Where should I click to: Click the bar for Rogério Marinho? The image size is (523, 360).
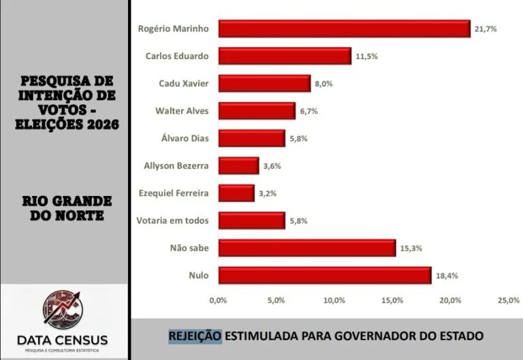[x=344, y=29]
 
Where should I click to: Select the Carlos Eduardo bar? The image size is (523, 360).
[x=285, y=56]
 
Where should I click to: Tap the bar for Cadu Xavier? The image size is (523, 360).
[x=264, y=83]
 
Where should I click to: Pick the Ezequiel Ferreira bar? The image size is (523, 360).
[x=236, y=193]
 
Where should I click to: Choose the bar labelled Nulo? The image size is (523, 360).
[x=325, y=276]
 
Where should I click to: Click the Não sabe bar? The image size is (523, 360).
[x=306, y=248]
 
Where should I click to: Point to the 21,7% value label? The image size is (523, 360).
[x=488, y=29]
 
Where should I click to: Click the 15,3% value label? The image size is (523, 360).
[x=413, y=248]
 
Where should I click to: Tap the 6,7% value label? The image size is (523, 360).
[x=309, y=111]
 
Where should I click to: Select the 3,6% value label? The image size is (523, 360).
[x=272, y=166]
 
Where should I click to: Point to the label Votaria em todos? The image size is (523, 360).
[x=174, y=220]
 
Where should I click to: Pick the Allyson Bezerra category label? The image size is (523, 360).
[x=176, y=165]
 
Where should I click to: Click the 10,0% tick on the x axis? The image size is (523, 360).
[x=334, y=300]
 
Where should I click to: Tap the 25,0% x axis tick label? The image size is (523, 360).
[x=509, y=300]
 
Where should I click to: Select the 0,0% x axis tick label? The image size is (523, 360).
[x=218, y=300]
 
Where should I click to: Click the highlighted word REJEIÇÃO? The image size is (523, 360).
[x=195, y=336]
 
